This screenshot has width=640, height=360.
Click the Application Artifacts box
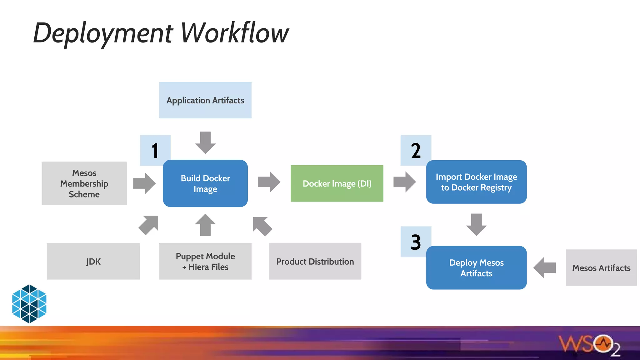click(x=205, y=100)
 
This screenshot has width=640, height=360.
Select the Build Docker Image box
click(x=205, y=183)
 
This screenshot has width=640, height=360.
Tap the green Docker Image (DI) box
click(x=337, y=183)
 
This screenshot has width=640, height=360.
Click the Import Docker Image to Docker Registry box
click(x=476, y=182)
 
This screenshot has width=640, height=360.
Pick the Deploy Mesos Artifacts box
click(x=476, y=268)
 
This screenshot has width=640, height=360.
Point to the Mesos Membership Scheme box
click(x=84, y=183)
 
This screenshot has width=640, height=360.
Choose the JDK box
click(x=93, y=261)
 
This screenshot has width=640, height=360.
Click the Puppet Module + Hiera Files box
click(x=205, y=261)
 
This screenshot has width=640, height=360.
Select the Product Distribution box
click(x=315, y=261)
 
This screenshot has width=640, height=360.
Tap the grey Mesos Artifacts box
click(x=601, y=268)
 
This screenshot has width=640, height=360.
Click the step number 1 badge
click(x=155, y=150)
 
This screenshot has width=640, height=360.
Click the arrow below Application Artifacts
click(x=205, y=142)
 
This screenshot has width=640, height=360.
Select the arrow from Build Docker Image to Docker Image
click(x=269, y=182)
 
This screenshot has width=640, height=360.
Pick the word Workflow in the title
click(x=234, y=33)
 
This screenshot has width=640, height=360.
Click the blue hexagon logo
click(x=29, y=303)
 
